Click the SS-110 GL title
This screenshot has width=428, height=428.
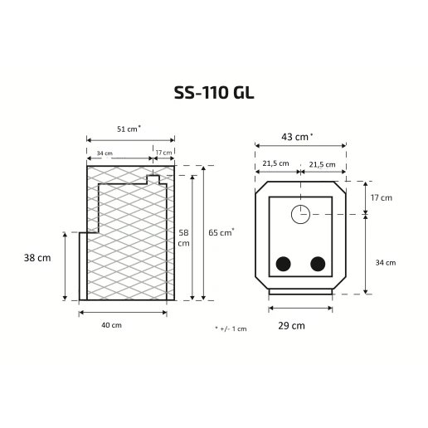point(214,93)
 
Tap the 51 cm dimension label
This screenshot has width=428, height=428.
point(129,129)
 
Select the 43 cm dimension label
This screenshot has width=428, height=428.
point(297,137)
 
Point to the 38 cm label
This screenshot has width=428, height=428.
point(37,258)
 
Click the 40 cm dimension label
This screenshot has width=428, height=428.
point(111,325)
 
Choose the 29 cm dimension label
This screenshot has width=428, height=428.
point(291,326)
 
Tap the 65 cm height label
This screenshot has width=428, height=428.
point(221,232)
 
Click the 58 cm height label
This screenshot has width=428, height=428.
point(183,238)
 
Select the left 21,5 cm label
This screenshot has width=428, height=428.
point(275,163)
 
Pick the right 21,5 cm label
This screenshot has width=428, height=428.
point(322,164)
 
